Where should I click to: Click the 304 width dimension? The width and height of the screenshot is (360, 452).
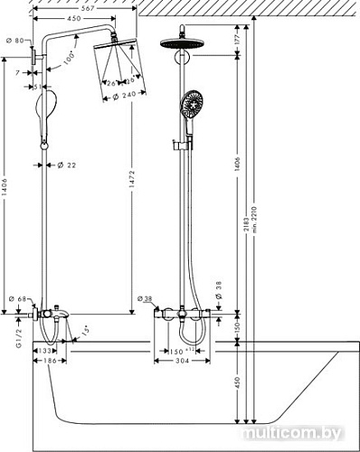tap(184, 361)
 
